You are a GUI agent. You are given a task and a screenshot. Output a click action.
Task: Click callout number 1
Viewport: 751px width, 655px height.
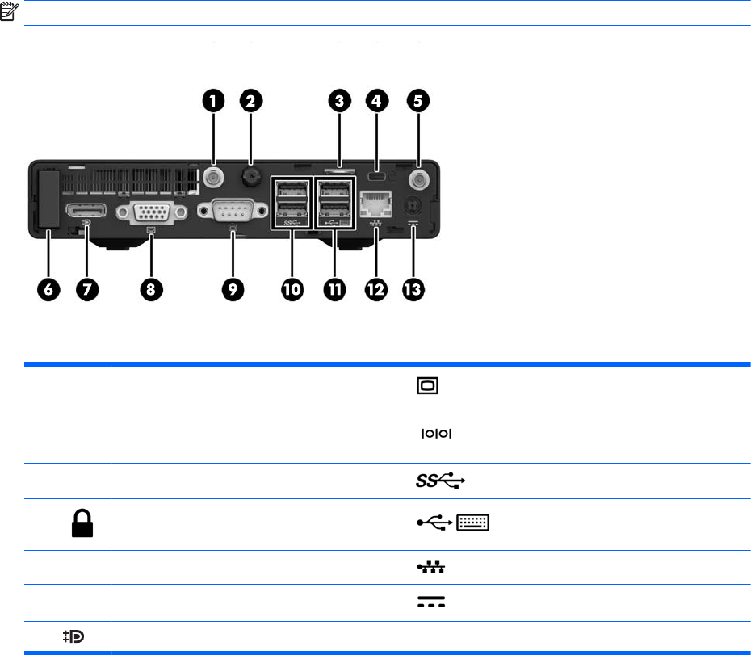click(x=212, y=101)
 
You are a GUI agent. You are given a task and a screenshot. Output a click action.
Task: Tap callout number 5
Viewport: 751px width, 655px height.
click(x=418, y=101)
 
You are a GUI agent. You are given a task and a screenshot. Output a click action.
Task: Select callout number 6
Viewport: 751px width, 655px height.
click(x=48, y=291)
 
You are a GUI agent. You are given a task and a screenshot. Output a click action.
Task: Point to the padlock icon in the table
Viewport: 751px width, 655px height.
click(x=82, y=523)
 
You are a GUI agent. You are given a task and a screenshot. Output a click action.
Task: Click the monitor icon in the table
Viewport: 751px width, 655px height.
click(x=428, y=386)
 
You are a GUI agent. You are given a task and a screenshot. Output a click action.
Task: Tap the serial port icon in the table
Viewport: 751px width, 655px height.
click(x=434, y=434)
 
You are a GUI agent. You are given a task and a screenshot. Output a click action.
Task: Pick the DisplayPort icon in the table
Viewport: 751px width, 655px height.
click(x=75, y=637)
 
